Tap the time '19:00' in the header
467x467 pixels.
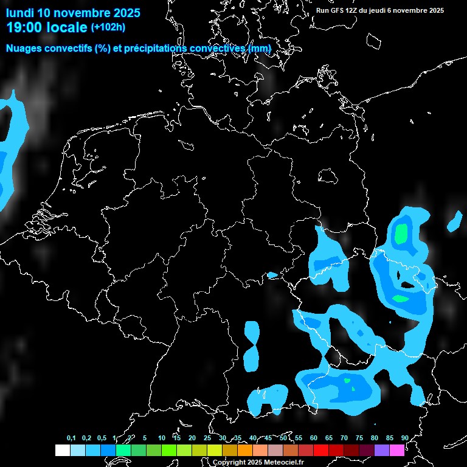[27, 27]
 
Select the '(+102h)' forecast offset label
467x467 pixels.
[109, 27]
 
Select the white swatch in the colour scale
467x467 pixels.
[62, 451]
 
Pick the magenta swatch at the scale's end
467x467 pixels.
[397, 451]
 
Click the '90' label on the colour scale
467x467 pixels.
[404, 438]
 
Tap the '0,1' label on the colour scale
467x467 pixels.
[71, 438]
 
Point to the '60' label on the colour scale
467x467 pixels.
[313, 438]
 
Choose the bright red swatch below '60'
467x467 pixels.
[320, 451]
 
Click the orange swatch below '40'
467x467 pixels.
[244, 451]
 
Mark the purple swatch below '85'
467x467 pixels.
[382, 451]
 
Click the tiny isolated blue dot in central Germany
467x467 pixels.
[272, 275]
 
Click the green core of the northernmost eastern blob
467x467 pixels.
[401, 233]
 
